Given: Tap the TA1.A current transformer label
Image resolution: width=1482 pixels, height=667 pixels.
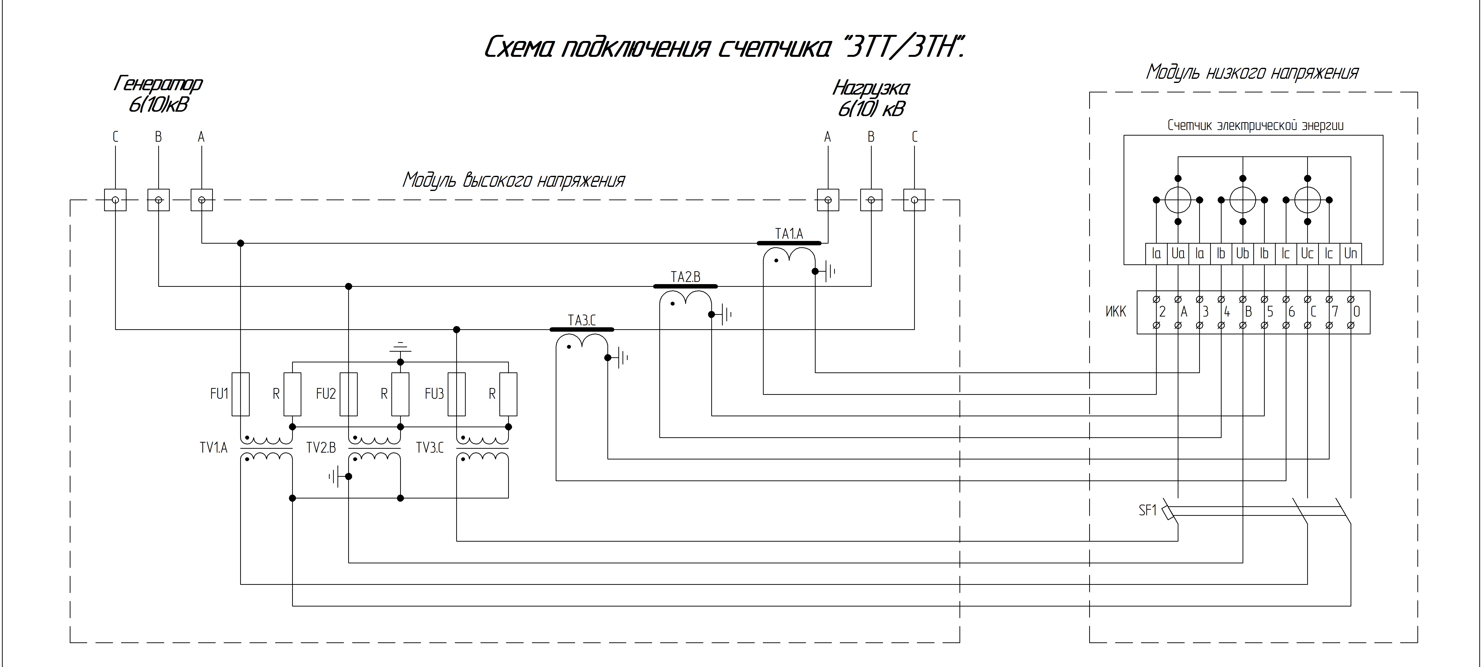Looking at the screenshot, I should point(789,234).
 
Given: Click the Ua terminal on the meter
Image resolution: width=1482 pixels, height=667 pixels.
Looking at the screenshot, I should point(1178,253).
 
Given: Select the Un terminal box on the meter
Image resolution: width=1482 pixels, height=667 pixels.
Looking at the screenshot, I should point(1350,253).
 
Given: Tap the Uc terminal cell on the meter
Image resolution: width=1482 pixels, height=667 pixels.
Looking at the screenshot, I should point(1307,253).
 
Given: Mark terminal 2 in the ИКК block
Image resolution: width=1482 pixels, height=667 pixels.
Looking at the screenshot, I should point(1162,312).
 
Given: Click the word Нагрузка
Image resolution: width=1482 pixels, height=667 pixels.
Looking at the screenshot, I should point(871,89).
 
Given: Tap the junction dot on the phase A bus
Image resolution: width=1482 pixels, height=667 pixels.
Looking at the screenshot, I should point(240,243).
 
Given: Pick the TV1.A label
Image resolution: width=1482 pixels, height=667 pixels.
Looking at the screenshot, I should point(213,448).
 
